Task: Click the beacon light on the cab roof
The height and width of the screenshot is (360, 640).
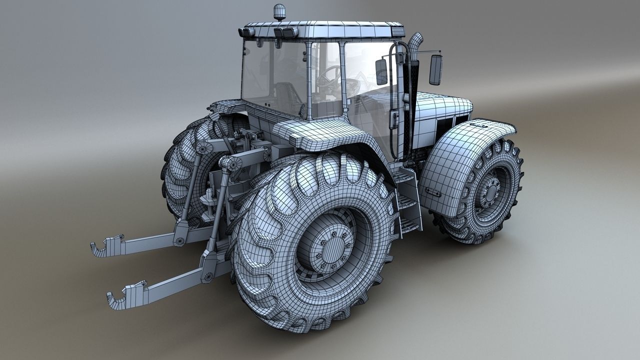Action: point(277,11)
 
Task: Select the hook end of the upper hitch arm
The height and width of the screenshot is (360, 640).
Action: point(100,247)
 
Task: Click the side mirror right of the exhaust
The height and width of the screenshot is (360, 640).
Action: point(435,69)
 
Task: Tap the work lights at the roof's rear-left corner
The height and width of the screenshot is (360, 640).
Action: point(246,33)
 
